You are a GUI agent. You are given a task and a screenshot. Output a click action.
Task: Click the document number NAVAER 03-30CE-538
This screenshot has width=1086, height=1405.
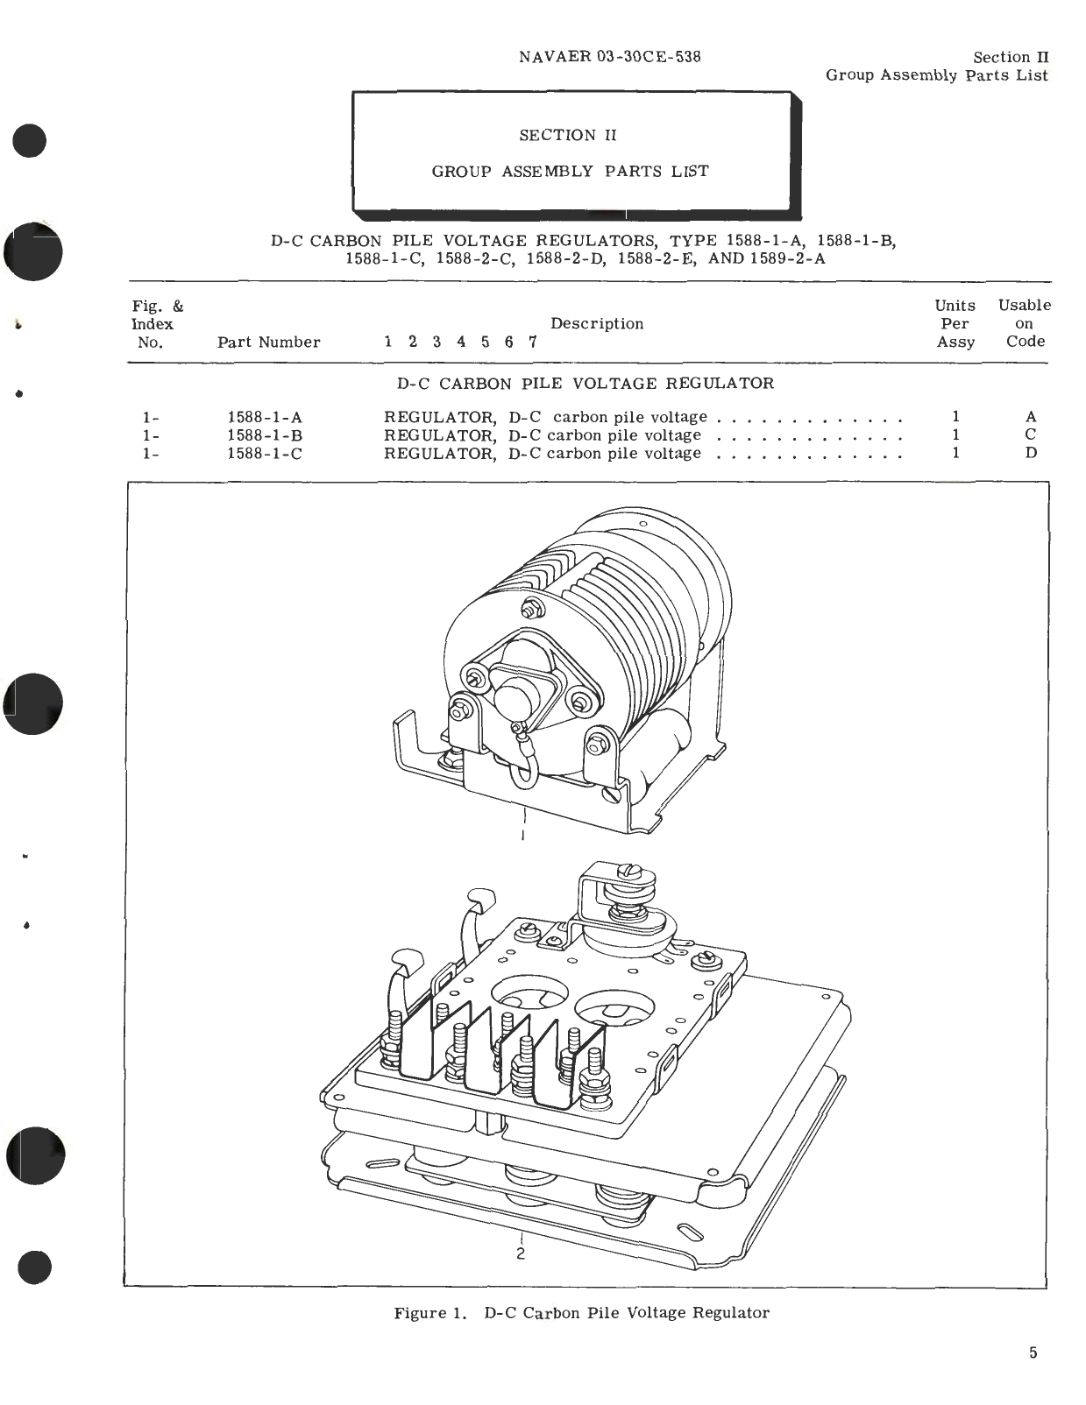(609, 57)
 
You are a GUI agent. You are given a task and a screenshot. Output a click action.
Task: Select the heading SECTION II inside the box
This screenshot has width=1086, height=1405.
(568, 135)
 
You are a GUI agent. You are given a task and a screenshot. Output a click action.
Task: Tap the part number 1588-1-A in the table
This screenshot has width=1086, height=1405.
(265, 418)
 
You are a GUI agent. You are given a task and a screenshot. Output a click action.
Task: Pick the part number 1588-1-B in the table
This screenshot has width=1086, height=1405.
(265, 435)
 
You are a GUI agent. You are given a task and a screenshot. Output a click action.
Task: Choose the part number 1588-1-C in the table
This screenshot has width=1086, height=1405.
(265, 454)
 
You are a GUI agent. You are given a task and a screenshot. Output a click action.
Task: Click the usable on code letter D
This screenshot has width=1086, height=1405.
(1031, 453)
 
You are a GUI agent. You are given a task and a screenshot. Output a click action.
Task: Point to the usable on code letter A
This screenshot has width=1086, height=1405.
(1031, 417)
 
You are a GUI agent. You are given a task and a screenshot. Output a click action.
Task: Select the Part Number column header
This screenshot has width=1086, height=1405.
(268, 342)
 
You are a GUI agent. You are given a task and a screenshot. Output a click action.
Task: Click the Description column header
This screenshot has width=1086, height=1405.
(597, 323)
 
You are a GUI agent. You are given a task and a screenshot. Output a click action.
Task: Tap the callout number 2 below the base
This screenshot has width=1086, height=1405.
(521, 1253)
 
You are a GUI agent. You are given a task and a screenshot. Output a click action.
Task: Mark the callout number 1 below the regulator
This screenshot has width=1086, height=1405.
(523, 835)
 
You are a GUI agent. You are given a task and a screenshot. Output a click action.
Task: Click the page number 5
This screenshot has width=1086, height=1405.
(1033, 1352)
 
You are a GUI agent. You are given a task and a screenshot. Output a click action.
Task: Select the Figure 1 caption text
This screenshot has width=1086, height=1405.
(581, 1312)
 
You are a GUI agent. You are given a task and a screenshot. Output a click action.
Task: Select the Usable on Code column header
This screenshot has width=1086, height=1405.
(1025, 323)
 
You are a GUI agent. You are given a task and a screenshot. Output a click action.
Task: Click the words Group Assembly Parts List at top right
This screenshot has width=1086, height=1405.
(936, 75)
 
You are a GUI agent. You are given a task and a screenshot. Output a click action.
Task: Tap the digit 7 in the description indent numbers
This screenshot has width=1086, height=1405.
(532, 342)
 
